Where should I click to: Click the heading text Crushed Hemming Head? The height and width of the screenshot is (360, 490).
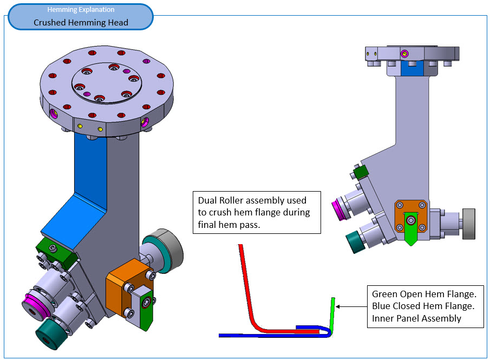81,22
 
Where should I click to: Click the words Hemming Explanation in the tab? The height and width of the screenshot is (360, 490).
81,10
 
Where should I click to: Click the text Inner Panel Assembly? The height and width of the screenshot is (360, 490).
416,318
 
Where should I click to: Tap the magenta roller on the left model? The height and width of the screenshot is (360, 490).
36,307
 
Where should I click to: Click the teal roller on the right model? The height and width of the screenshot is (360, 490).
357,241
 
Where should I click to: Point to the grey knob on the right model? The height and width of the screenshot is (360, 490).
468,223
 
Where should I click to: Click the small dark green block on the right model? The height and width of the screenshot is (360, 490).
361,173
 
